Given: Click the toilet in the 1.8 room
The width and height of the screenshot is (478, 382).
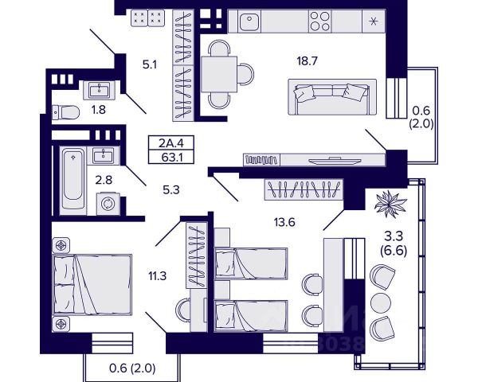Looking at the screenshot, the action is (x=63, y=111).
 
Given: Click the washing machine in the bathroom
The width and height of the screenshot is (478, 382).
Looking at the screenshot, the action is (x=106, y=204).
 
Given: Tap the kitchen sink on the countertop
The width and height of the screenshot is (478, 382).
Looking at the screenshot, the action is (x=249, y=20).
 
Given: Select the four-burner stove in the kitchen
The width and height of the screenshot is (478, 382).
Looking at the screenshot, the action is (x=320, y=20).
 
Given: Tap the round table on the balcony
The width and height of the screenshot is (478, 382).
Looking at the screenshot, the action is (x=381, y=301).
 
